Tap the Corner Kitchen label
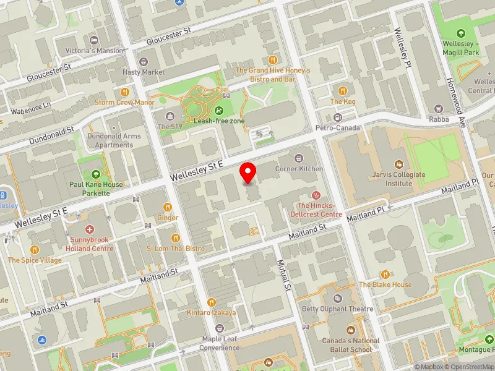pos(299,169)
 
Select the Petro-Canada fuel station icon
pos(337,117)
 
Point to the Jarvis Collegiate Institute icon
pos(399,164)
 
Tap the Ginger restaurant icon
pos(167,207)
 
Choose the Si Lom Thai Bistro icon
pos(176,237)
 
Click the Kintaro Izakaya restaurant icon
pos(211,302)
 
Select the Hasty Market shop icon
pos(144,61)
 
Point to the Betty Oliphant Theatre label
pos(337,309)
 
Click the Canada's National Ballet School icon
pos(351,330)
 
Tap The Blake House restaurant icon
pos(385,274)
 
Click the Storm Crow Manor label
pos(124,102)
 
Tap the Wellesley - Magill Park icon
pos(460,33)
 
